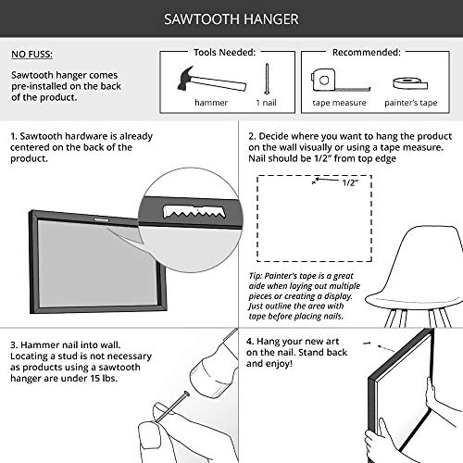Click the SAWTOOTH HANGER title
231,19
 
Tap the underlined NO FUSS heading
31,54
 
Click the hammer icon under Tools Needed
211,80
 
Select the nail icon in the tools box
267,79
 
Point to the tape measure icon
340,81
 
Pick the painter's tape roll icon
410,82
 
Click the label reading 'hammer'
211,103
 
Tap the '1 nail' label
266,103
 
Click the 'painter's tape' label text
411,103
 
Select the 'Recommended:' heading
367,53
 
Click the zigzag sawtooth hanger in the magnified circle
194,212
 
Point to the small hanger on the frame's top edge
101,220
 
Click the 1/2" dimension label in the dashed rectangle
350,182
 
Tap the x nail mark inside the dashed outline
314,182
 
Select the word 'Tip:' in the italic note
256,276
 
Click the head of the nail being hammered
186,394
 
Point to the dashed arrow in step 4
386,349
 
